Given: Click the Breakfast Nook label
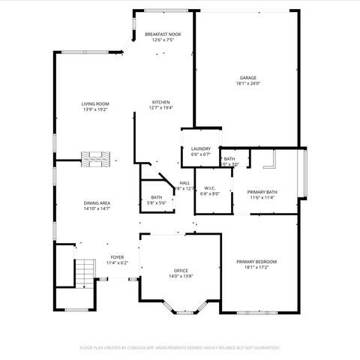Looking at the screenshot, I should click(163, 34).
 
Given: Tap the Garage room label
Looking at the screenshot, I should click(247, 78).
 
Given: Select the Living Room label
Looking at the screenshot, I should click(95, 104).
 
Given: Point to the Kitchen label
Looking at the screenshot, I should click(161, 102).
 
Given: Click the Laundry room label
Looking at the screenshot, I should click(200, 148).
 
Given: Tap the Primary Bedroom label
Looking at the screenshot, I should click(256, 262).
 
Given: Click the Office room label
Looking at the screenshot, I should click(181, 271).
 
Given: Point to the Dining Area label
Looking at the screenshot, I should click(97, 202).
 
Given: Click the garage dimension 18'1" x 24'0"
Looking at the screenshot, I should click(247, 83).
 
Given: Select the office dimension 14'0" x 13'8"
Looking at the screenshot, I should click(181, 276).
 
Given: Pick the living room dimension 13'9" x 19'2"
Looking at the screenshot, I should click(95, 109).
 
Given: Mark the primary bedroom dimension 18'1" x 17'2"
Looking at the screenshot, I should click(256, 267).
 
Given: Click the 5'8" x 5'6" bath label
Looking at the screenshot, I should click(156, 202).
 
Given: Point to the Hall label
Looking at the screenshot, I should click(184, 183).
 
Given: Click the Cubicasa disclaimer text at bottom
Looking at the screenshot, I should click(180, 348).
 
